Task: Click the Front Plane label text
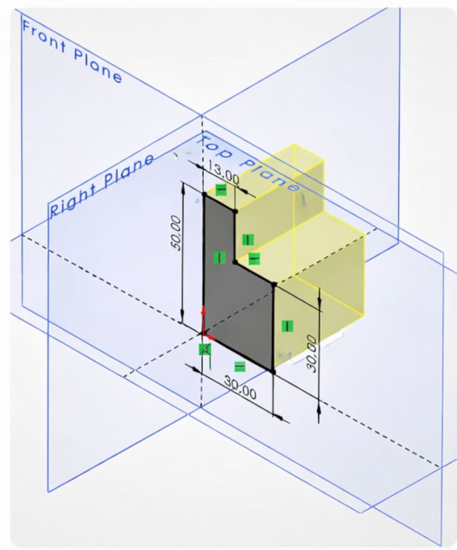tap(72, 50)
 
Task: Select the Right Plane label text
tap(102, 185)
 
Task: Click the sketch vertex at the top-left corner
tap(204, 194)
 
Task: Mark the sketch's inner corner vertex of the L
tap(235, 262)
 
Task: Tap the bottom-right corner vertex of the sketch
tap(273, 372)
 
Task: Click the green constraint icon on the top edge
tap(221, 190)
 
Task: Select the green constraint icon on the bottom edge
tap(240, 366)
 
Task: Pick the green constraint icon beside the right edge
tap(287, 326)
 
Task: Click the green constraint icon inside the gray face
tap(219, 257)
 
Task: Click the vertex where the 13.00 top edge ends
tap(235, 211)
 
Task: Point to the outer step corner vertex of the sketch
tap(274, 284)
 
